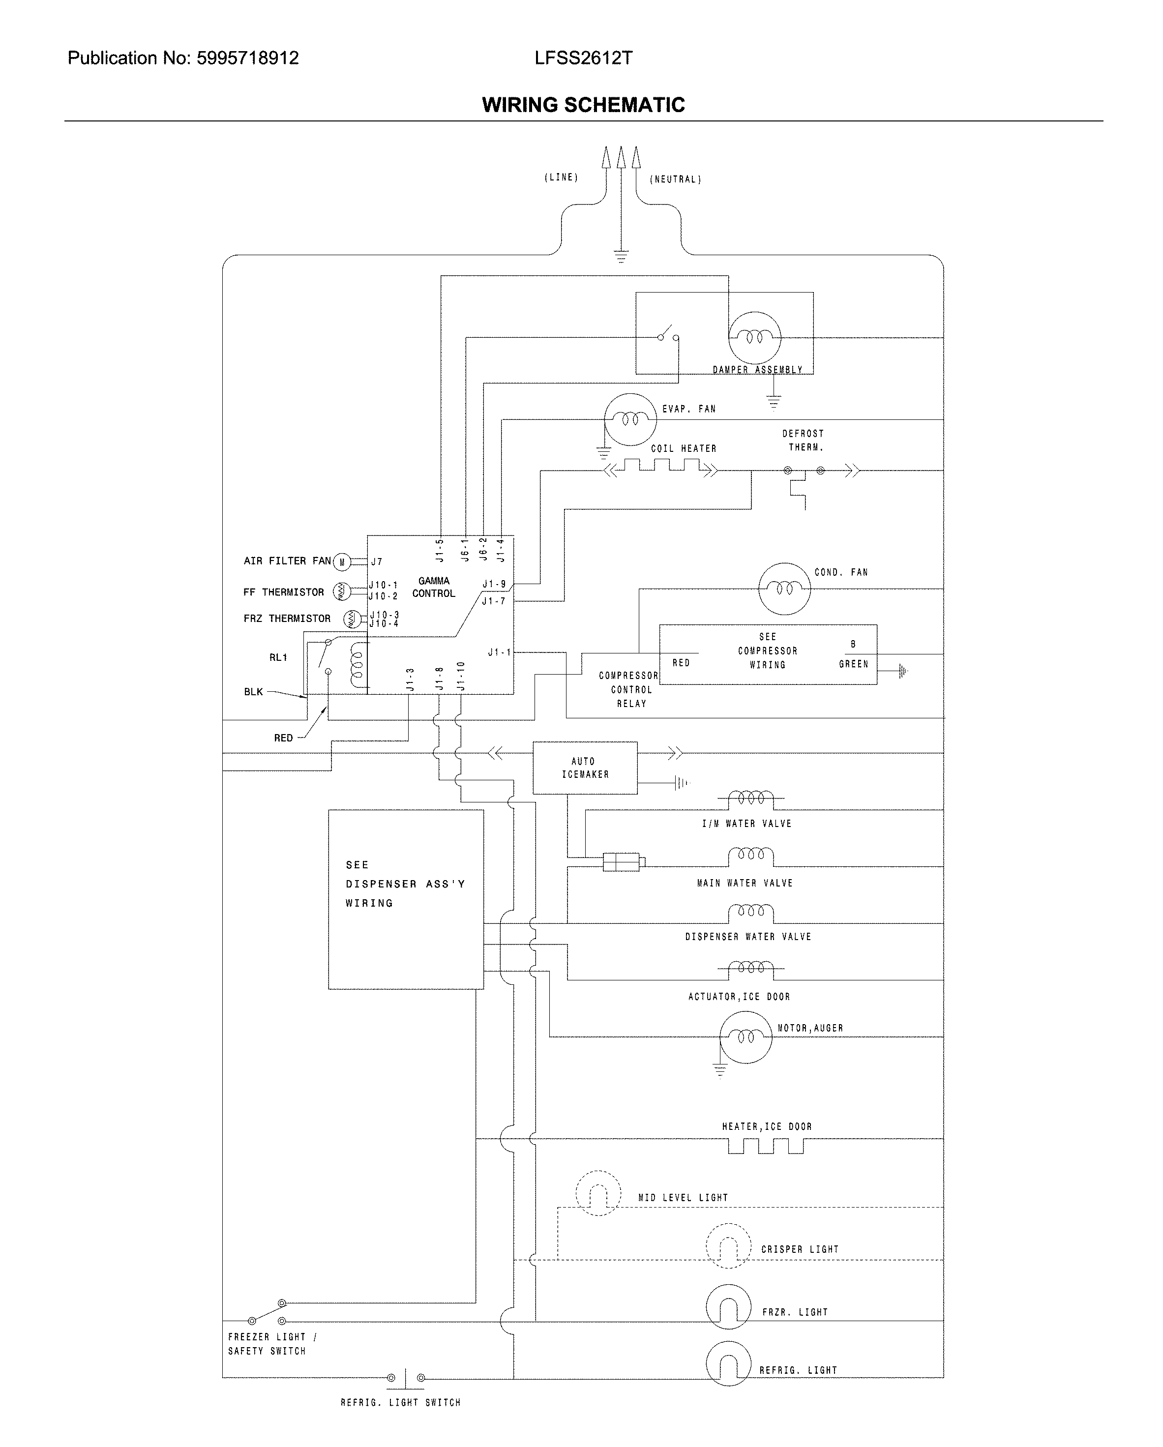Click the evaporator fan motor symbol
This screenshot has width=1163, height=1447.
click(x=629, y=419)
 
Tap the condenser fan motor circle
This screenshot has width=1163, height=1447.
click(x=784, y=589)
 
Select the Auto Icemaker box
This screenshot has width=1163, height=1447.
click(x=585, y=768)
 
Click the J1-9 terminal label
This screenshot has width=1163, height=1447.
click(x=494, y=585)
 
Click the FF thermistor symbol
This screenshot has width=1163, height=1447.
click(x=342, y=592)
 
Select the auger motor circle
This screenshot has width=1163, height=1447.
click(x=745, y=1037)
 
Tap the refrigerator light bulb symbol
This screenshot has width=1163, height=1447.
click(x=728, y=1364)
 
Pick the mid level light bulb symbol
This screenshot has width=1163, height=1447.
click(x=598, y=1193)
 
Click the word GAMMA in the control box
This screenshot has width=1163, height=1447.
click(x=434, y=581)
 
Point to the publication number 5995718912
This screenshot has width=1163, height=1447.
click(x=247, y=59)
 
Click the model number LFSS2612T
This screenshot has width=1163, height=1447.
click(x=583, y=59)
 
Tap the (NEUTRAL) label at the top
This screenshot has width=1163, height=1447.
click(x=675, y=179)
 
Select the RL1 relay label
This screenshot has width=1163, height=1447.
click(x=278, y=657)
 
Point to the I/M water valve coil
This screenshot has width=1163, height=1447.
click(x=750, y=798)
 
